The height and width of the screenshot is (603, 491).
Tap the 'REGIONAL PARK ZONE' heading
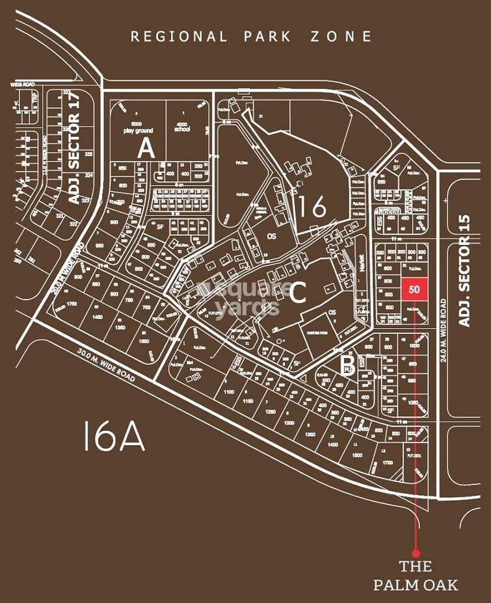pyautogui.click(x=252, y=36)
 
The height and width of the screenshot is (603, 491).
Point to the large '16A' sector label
pyautogui.click(x=114, y=436)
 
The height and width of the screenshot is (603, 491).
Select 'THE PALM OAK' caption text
pyautogui.click(x=416, y=575)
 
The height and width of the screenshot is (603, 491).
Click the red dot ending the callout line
pyautogui.click(x=416, y=553)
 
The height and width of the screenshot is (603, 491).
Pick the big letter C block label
pyautogui.click(x=297, y=293)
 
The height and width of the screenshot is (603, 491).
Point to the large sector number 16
pyautogui.click(x=312, y=207)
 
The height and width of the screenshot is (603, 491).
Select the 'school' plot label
pyautogui.click(x=183, y=129)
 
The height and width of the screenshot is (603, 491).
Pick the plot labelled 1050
pyautogui.click(x=414, y=403)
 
